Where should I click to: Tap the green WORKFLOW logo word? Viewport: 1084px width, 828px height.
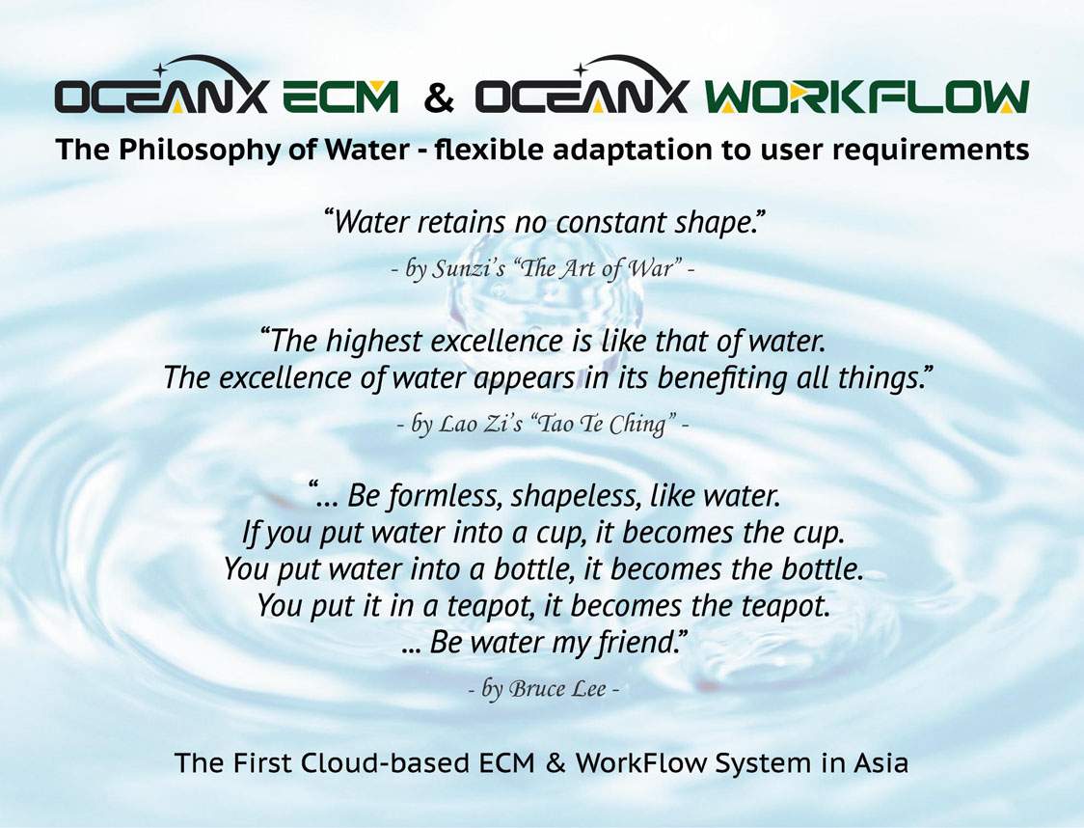[x=867, y=97]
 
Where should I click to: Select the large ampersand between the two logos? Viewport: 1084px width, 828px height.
[x=438, y=97]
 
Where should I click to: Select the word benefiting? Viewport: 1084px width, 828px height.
[x=721, y=378]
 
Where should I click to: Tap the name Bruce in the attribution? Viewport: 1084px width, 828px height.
[x=533, y=688]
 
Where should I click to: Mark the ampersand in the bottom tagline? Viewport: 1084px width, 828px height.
[x=556, y=763]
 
